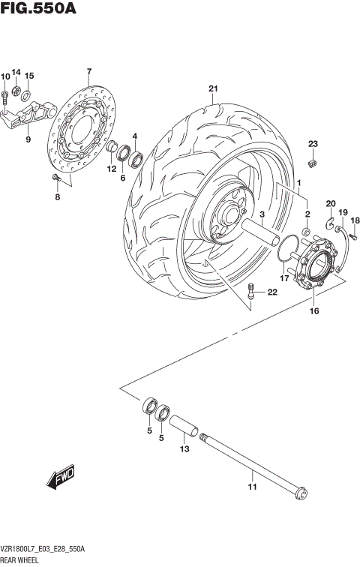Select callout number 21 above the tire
click(213, 90)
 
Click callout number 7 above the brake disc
click(88, 72)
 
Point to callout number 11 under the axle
click(253, 487)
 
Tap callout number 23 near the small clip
click(313, 144)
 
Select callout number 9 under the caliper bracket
click(28, 139)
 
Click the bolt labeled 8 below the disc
click(55, 178)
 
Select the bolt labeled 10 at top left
click(5, 95)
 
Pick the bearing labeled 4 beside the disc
click(137, 159)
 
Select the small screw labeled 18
click(354, 235)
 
